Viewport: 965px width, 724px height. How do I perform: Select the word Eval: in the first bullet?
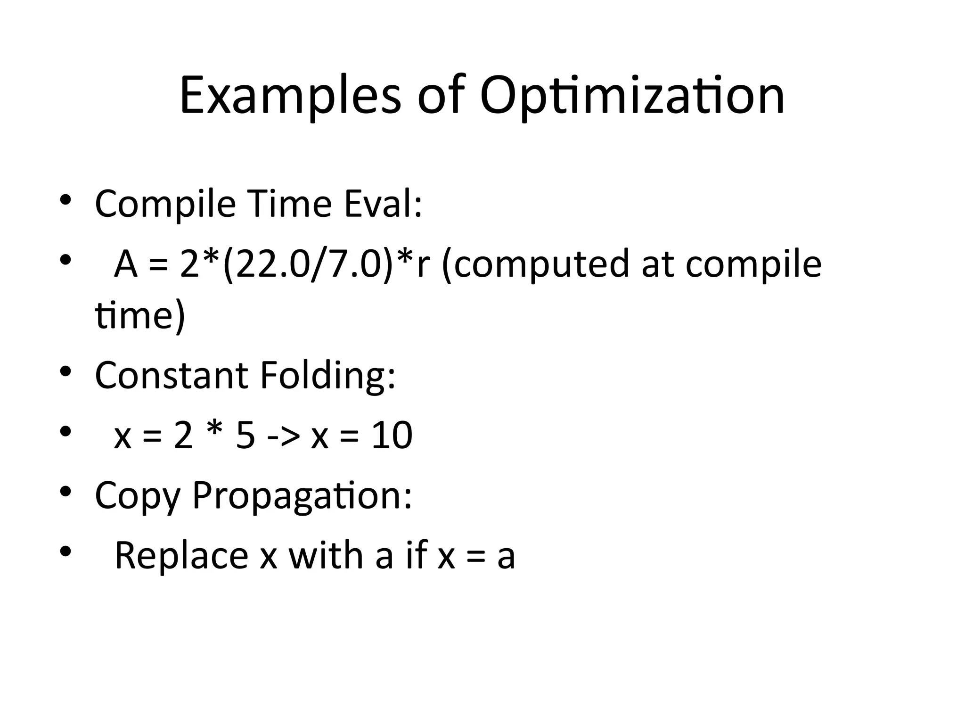point(383,204)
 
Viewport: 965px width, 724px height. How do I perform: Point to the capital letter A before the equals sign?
point(126,264)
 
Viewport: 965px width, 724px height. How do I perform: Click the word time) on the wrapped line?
point(140,315)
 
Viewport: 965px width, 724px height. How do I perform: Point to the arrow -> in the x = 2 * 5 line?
point(283,436)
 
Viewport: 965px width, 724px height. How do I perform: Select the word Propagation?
point(302,496)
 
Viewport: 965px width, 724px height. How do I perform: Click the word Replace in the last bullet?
point(181,556)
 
